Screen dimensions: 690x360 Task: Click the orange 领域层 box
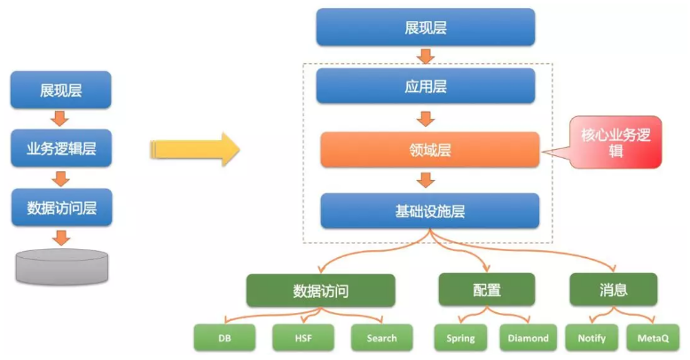(x=430, y=150)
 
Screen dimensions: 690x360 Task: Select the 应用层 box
(x=426, y=86)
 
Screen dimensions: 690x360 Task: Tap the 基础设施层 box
(x=430, y=211)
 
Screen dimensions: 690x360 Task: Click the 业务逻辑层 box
(x=61, y=148)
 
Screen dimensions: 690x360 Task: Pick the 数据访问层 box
(x=61, y=207)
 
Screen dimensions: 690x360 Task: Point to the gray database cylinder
(x=61, y=267)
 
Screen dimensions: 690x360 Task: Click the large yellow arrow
(x=195, y=149)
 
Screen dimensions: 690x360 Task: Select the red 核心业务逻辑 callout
(x=616, y=143)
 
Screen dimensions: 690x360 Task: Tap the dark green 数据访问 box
(x=321, y=291)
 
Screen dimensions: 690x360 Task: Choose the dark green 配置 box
(x=487, y=290)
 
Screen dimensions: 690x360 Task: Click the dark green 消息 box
(x=614, y=290)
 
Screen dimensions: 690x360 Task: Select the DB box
(x=224, y=338)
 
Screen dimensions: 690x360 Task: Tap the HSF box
(x=303, y=338)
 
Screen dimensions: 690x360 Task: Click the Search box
(x=382, y=338)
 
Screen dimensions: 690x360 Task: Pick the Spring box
(x=460, y=338)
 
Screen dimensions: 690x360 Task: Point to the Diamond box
(x=528, y=338)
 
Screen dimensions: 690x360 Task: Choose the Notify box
(x=592, y=338)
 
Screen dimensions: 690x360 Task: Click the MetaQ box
(x=653, y=338)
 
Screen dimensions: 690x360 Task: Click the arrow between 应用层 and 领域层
(x=426, y=119)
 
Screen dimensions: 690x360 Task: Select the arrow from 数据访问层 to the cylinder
(x=61, y=238)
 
